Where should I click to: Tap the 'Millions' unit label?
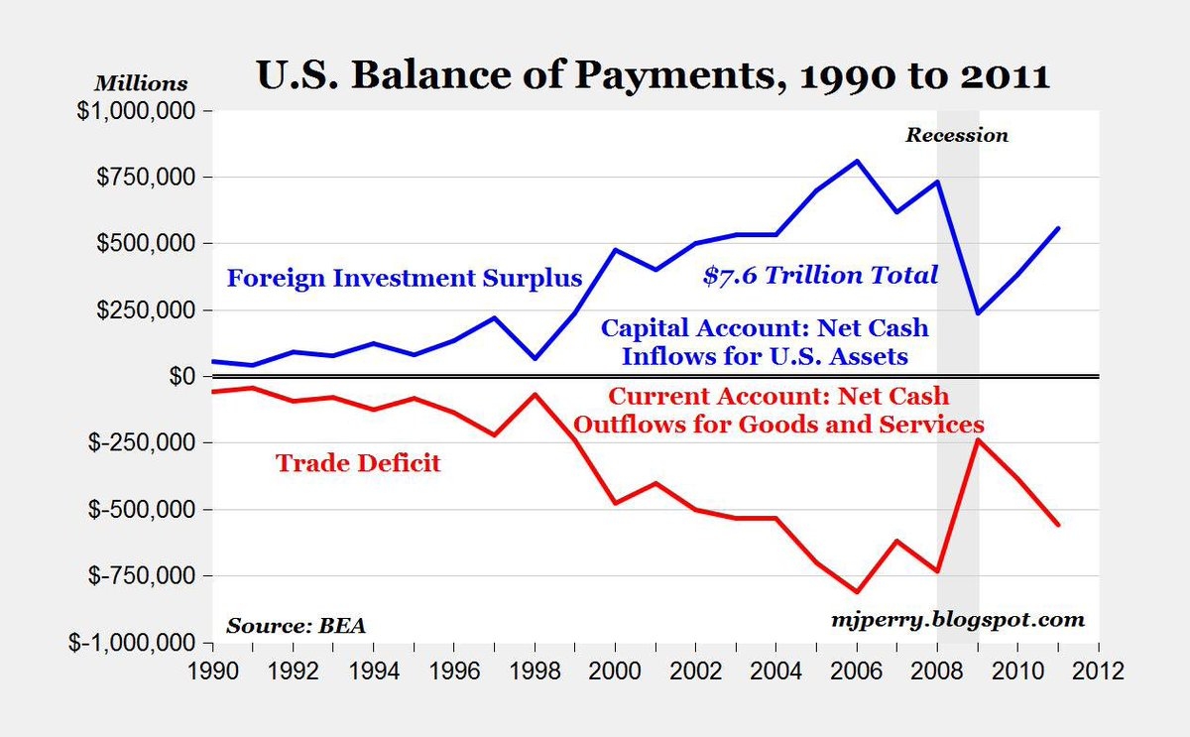coord(141,83)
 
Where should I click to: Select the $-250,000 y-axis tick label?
coord(140,442)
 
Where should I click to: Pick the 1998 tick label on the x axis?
coord(535,671)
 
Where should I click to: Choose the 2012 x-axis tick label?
coord(1100,671)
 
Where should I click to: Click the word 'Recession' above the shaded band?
coord(956,135)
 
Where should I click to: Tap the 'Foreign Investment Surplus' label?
coord(405,278)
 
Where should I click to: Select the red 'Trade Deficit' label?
coord(357,462)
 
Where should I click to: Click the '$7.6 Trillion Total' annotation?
coord(820,276)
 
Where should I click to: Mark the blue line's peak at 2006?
coord(857,161)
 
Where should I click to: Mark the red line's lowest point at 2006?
coord(857,591)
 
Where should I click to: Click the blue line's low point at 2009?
coord(978,313)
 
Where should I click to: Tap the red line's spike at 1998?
coord(535,394)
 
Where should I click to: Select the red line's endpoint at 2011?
coord(1059,525)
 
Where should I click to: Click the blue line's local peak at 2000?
coord(616,250)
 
